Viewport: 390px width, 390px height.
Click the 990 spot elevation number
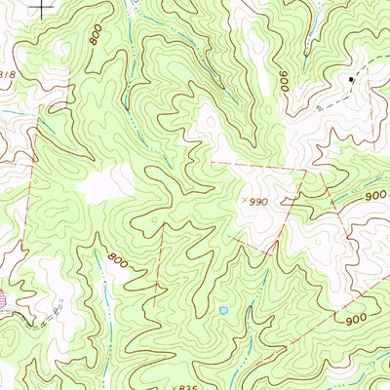256,201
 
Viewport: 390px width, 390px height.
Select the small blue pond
223,311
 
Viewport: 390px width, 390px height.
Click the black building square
353,77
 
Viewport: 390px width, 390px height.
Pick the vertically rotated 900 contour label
285,81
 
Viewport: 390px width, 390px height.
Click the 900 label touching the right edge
376,195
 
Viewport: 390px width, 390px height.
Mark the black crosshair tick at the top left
42,7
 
